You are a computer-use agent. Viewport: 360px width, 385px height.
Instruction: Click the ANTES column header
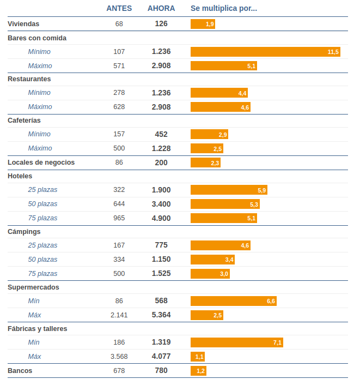click(119, 8)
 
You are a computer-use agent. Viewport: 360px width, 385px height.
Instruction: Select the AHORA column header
click(161, 8)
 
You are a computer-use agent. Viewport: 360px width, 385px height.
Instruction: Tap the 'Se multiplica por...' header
click(223, 8)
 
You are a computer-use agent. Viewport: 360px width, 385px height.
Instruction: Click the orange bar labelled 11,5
click(265, 52)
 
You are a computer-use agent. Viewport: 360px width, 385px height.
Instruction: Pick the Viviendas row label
click(23, 24)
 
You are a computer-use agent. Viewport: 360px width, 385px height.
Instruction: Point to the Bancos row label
click(20, 371)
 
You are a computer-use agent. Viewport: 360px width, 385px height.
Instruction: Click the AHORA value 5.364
click(161, 315)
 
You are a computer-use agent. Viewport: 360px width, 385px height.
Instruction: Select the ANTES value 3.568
click(119, 357)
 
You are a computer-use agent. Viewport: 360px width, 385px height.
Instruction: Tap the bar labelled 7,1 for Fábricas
click(236, 342)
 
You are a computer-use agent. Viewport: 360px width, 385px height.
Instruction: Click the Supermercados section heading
click(33, 287)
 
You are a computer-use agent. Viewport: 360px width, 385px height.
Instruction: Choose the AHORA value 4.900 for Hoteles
click(161, 218)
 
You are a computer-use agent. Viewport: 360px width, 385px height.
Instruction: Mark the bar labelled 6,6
click(233, 301)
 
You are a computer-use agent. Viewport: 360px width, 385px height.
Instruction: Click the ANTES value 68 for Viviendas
click(119, 24)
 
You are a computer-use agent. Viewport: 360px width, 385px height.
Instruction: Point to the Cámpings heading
click(24, 232)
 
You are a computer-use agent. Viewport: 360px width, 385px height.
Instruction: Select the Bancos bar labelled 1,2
click(198, 371)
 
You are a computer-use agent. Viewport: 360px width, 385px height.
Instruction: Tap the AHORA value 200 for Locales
click(161, 163)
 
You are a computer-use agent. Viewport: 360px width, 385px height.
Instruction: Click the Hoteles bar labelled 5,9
click(229, 190)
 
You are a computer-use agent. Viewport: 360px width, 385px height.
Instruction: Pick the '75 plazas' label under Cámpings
click(42, 274)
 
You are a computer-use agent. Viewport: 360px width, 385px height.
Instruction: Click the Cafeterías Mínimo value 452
click(161, 134)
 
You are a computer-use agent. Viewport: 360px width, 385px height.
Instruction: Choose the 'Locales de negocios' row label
click(41, 163)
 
